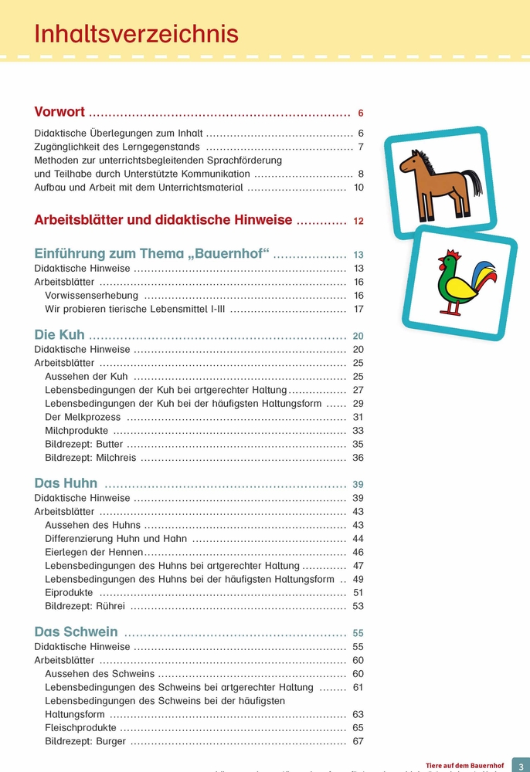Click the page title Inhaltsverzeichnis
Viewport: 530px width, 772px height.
coord(136,34)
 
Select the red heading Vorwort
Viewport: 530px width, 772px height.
coord(59,112)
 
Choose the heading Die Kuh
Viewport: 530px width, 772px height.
coord(59,336)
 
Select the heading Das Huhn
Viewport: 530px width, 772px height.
coord(66,483)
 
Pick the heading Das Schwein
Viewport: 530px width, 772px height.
coord(76,632)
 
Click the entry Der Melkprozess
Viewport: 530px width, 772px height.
coord(83,417)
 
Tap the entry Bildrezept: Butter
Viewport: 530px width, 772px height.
coord(85,444)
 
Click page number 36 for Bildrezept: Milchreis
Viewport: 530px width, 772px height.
coord(358,458)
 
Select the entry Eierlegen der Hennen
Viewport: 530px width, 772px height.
coord(94,552)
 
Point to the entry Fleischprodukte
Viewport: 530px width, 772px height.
coord(80,728)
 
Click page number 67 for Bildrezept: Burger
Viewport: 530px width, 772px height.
coord(358,742)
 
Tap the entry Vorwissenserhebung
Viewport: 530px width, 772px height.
coord(91,296)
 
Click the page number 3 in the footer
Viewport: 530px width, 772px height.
coord(520,764)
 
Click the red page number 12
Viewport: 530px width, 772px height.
coord(358,221)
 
